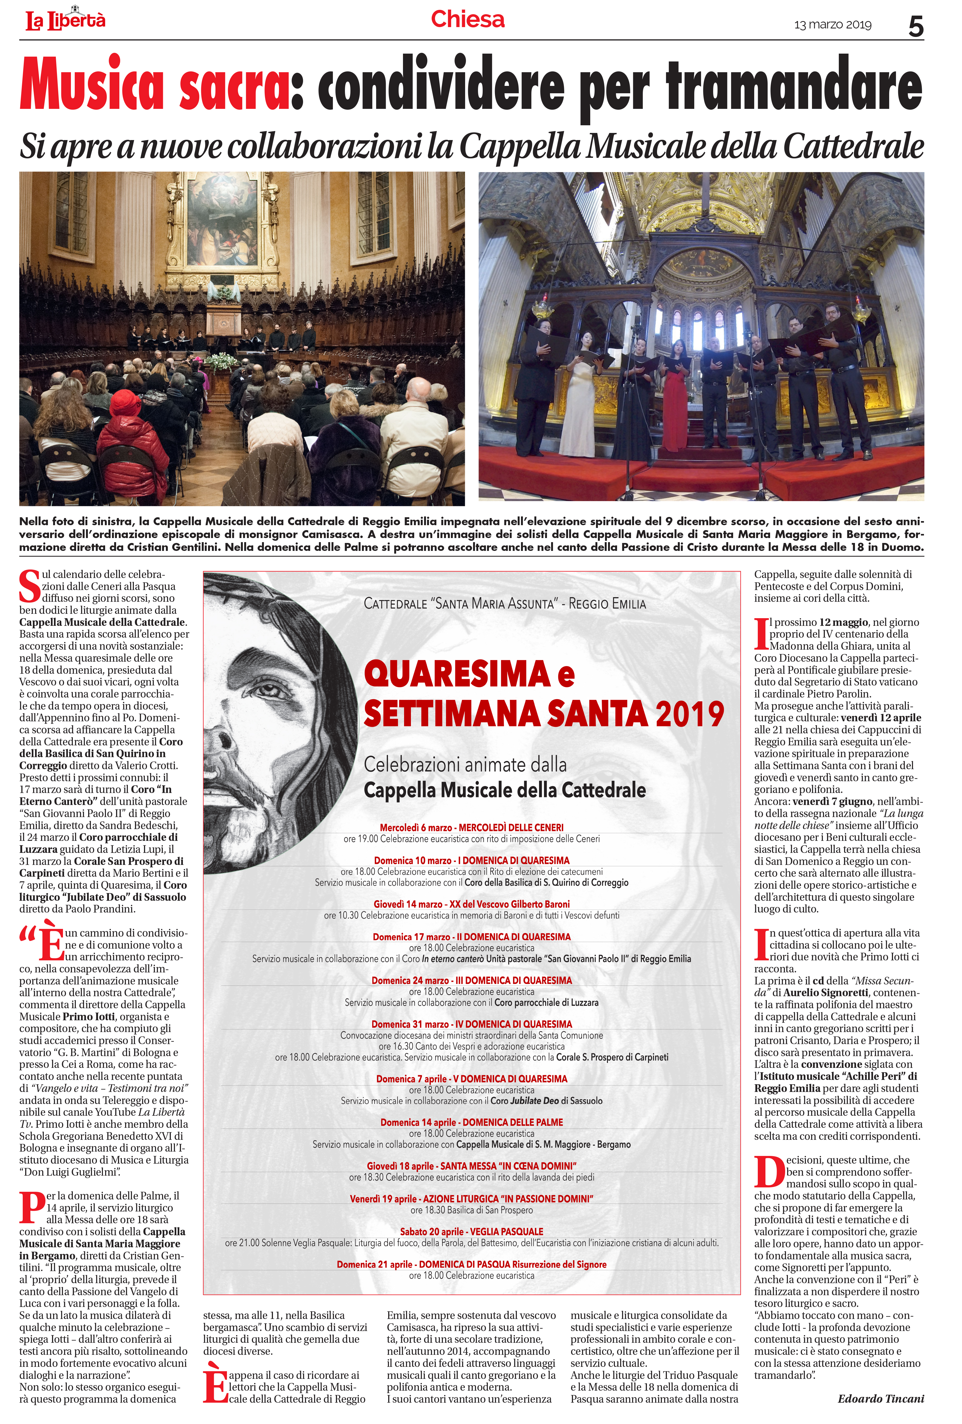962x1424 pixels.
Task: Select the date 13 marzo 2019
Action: (x=832, y=25)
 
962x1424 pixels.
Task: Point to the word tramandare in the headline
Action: (x=793, y=87)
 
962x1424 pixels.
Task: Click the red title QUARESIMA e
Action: (x=469, y=674)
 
